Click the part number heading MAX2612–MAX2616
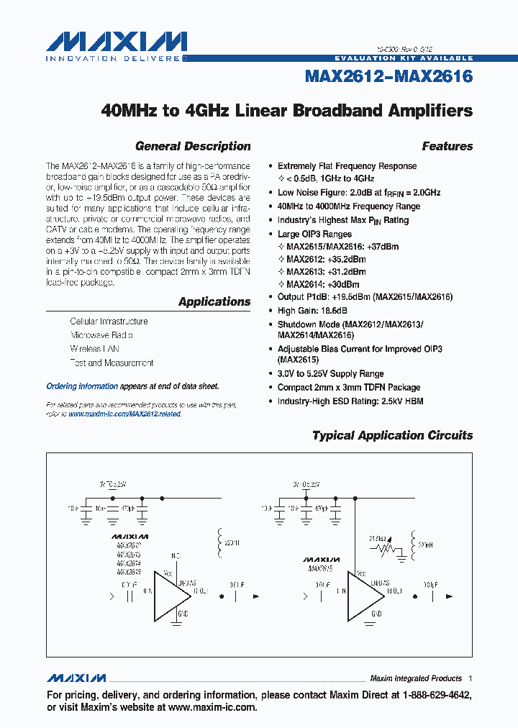(x=389, y=76)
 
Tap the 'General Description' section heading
(x=193, y=146)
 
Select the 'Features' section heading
(x=447, y=146)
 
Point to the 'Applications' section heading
(x=214, y=302)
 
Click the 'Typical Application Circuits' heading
(x=392, y=435)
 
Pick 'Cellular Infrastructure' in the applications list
(x=109, y=322)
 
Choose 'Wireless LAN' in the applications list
(x=94, y=349)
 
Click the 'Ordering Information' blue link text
(x=82, y=386)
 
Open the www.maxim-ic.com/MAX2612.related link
(x=125, y=414)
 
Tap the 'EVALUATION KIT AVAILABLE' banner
(x=404, y=58)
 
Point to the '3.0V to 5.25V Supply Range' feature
(x=330, y=374)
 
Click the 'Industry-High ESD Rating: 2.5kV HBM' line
(x=350, y=401)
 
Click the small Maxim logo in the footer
(x=76, y=678)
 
